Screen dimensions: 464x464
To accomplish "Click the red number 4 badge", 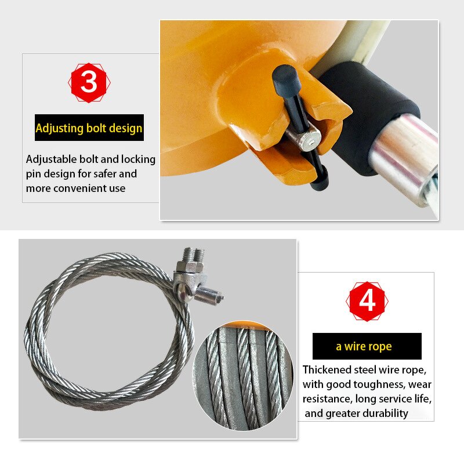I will [367, 302].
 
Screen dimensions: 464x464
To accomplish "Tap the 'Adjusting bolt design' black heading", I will [89, 128].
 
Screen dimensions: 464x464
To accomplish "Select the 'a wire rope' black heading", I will [367, 347].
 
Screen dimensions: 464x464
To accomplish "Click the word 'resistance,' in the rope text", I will [327, 399].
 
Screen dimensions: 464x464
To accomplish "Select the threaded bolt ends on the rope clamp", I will [193, 255].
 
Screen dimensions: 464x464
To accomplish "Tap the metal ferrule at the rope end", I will [209, 297].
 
